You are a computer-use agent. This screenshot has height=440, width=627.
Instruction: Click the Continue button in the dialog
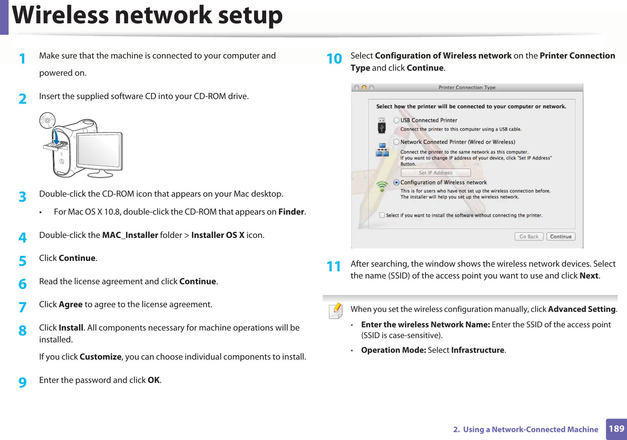[x=561, y=237]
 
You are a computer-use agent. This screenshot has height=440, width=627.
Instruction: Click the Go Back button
[x=529, y=237]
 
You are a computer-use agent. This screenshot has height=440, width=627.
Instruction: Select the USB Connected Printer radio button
[x=396, y=120]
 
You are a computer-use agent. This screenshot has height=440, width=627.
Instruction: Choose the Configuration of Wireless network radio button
[x=396, y=182]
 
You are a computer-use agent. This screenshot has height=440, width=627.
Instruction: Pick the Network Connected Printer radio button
[x=396, y=142]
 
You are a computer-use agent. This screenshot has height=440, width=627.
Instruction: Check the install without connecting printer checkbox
[x=382, y=215]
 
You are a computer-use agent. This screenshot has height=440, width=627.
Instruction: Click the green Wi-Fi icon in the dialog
[x=382, y=186]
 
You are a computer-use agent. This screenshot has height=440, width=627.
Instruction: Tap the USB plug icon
[x=382, y=126]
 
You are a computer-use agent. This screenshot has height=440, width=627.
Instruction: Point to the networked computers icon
[x=382, y=150]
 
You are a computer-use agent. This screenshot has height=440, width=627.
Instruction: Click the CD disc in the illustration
[x=47, y=120]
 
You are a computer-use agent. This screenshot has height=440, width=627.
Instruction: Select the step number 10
[x=334, y=59]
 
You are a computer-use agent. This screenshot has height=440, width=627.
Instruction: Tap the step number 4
[x=23, y=238]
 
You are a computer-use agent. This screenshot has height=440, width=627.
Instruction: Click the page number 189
[x=616, y=429]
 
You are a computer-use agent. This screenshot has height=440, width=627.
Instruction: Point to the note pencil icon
[x=336, y=311]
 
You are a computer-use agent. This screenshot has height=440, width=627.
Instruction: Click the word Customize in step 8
[x=100, y=357]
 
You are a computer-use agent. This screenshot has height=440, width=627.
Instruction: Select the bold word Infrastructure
[x=477, y=350]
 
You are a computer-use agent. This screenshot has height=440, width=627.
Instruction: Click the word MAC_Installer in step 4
[x=130, y=235]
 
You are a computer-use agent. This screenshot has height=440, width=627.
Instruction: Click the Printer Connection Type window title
[x=467, y=88]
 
